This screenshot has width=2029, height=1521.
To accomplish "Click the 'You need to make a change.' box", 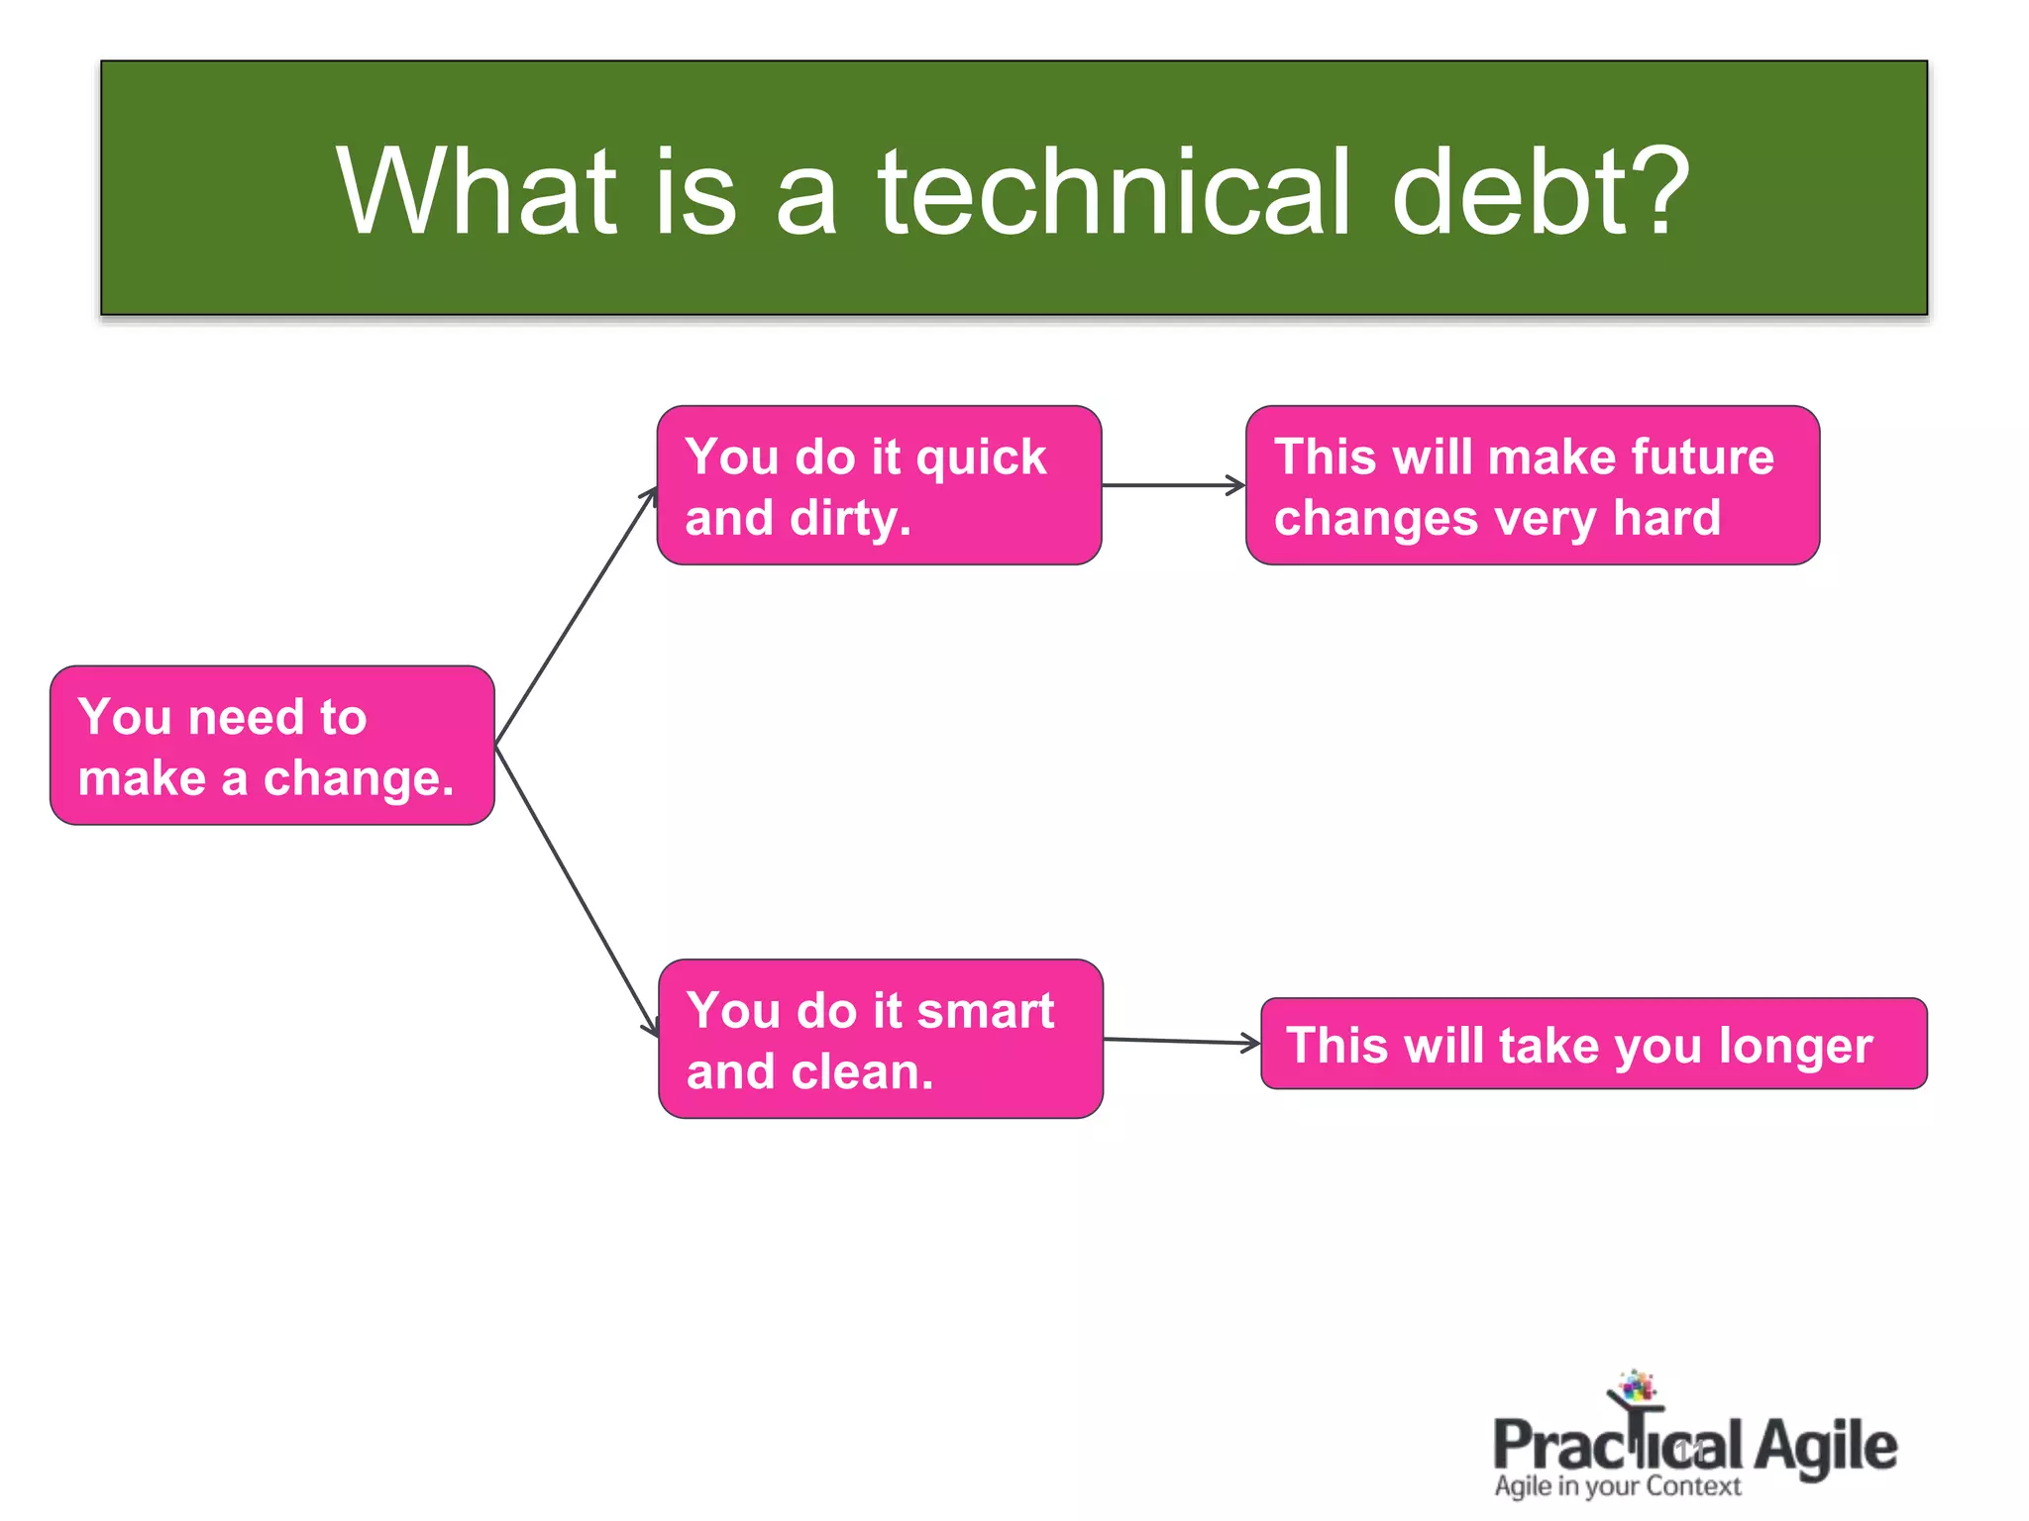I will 271,746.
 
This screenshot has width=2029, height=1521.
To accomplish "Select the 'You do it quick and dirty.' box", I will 879,485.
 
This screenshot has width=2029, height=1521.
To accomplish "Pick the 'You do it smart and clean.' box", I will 880,1039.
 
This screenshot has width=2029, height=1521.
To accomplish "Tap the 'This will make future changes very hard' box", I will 1532,485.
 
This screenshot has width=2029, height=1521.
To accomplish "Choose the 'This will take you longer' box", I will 1593,1044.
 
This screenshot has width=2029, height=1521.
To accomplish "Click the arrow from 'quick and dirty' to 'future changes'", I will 1173,485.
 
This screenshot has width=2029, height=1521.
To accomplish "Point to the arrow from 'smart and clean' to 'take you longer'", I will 1181,1041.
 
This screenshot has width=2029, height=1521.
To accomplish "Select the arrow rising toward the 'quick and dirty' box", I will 575,616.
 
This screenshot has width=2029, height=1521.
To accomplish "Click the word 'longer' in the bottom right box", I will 1795,1046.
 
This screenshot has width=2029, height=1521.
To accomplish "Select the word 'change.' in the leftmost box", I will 359,778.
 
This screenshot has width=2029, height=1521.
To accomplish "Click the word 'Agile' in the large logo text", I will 1825,1447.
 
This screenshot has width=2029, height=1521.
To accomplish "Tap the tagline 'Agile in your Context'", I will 1617,1486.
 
